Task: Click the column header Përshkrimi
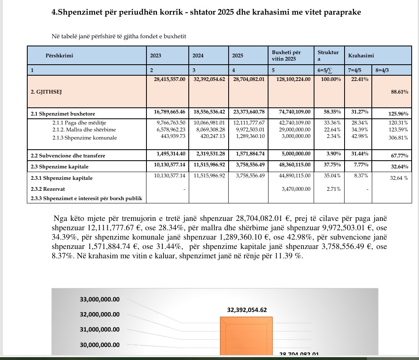coord(59,56)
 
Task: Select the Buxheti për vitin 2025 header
coord(286,56)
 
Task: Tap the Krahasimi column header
coord(361,56)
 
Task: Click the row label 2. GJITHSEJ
coord(46,92)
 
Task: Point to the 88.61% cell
coord(399,92)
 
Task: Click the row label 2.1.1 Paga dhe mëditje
coord(76,122)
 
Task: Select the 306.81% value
coord(398,138)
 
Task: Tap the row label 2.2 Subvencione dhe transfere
coord(68,156)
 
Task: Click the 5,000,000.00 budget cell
coord(296,154)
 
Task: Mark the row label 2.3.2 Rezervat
coord(48,189)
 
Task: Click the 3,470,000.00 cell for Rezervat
coord(296,189)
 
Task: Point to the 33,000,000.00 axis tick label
coord(100,299)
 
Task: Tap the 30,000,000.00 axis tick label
coord(100,345)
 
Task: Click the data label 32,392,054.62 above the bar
coord(247,310)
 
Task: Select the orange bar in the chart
coord(246,338)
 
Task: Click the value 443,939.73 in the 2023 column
coord(171,136)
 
